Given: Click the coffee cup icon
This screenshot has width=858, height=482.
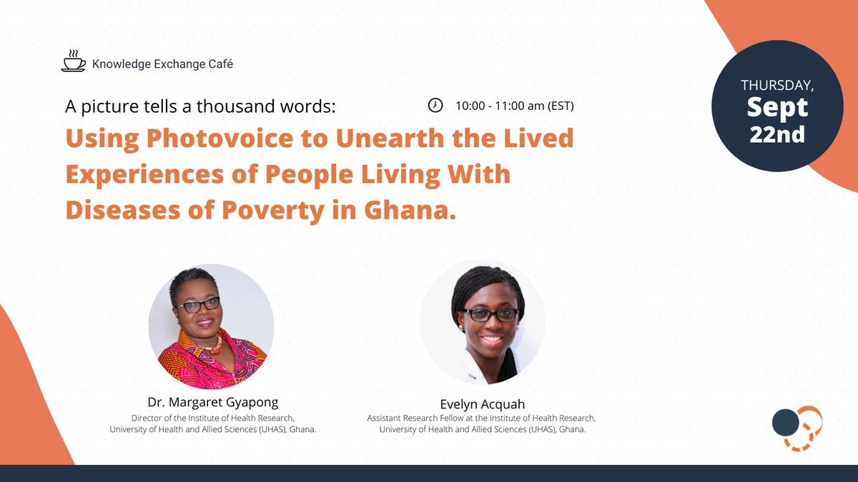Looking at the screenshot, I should pyautogui.click(x=72, y=62).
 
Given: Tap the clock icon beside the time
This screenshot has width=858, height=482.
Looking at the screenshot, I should pyautogui.click(x=435, y=106).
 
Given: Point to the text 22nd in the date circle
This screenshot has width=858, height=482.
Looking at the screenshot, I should pyautogui.click(x=777, y=134).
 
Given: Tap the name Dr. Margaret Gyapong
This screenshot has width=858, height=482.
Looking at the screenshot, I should pyautogui.click(x=212, y=402).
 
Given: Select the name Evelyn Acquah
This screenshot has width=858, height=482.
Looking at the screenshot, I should pyautogui.click(x=482, y=403).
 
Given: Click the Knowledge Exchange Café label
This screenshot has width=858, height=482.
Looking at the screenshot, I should pyautogui.click(x=162, y=64).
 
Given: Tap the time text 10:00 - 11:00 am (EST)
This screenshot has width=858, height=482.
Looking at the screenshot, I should pyautogui.click(x=515, y=106).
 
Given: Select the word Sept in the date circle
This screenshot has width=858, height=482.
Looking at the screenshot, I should pyautogui.click(x=777, y=108).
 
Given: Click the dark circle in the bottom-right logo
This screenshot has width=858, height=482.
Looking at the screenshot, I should pyautogui.click(x=785, y=423).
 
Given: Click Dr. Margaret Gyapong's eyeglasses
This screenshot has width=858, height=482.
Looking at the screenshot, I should pyautogui.click(x=198, y=305).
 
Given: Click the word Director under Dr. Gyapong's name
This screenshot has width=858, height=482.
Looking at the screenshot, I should pyautogui.click(x=147, y=418).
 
